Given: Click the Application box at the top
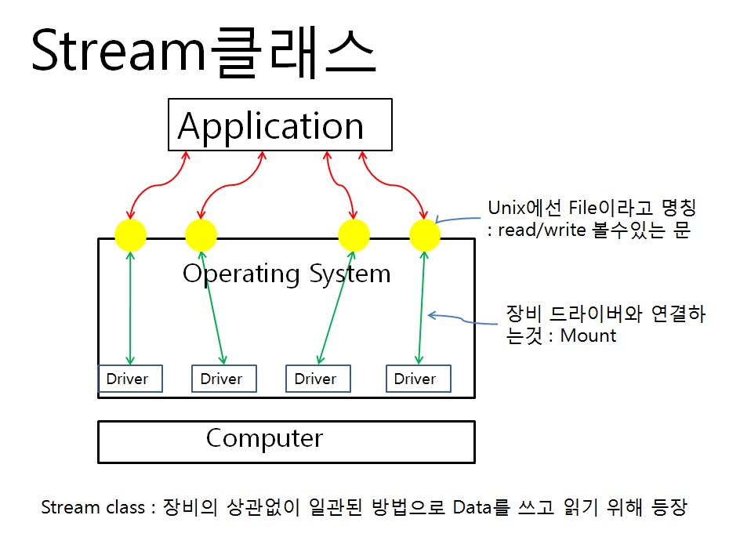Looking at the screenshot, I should click(280, 125).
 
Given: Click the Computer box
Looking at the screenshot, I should click(285, 441).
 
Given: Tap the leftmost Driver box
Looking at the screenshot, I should click(129, 379).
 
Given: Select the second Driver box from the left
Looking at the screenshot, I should click(224, 379).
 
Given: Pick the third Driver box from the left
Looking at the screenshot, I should click(317, 379).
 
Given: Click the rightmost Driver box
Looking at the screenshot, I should click(418, 379).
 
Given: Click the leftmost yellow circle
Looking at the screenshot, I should click(130, 235).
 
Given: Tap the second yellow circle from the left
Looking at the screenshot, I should click(201, 235).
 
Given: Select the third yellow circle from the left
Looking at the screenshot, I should click(353, 235).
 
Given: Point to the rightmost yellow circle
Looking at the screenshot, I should click(425, 235).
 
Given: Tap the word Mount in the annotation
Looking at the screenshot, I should click(588, 336).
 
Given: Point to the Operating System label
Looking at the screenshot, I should click(286, 274).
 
